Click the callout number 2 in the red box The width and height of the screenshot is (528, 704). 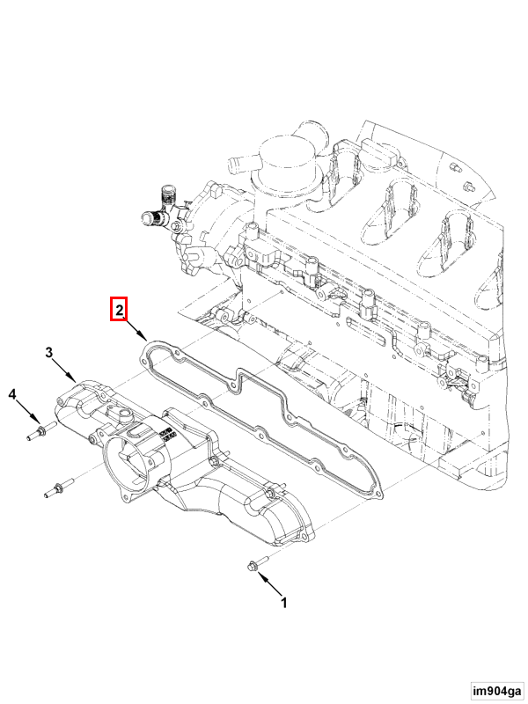(119, 310)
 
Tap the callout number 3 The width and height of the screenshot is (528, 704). (49, 353)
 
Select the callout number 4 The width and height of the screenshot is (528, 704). (12, 394)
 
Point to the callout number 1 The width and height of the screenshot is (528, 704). (283, 603)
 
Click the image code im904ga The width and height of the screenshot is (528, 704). (497, 690)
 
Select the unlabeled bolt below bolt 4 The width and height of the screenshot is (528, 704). (59, 488)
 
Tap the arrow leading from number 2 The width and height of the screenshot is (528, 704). (135, 327)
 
